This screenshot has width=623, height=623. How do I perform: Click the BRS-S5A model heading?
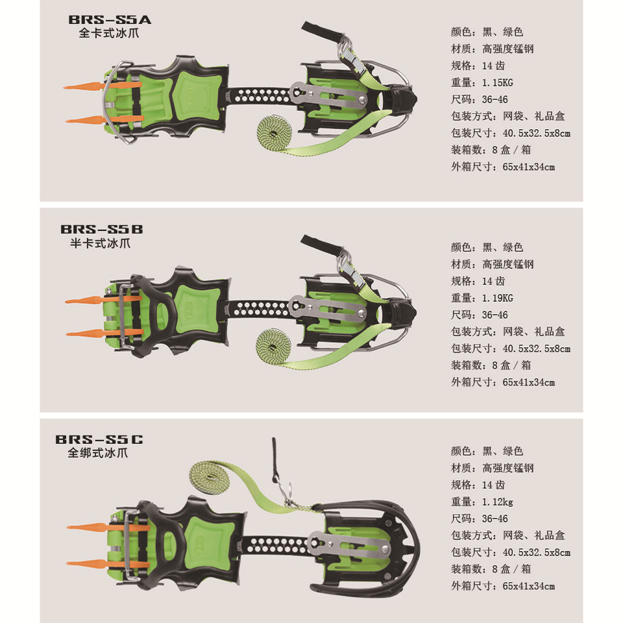(110, 20)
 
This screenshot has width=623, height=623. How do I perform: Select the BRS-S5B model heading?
(102, 229)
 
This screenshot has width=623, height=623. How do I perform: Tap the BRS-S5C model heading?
(99, 439)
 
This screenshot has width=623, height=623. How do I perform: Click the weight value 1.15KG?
(498, 82)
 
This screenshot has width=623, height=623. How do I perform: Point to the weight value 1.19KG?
(498, 298)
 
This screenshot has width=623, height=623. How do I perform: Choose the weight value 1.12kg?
(498, 502)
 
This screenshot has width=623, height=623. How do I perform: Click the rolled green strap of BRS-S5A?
(274, 133)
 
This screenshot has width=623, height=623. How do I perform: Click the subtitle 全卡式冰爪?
(109, 33)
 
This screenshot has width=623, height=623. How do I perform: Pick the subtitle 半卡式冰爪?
(100, 243)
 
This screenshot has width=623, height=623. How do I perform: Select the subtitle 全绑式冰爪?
(98, 453)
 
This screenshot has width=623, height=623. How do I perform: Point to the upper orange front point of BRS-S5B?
(103, 299)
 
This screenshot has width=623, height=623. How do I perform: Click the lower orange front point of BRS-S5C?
(107, 563)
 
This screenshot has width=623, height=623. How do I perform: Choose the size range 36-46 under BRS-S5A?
(495, 99)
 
